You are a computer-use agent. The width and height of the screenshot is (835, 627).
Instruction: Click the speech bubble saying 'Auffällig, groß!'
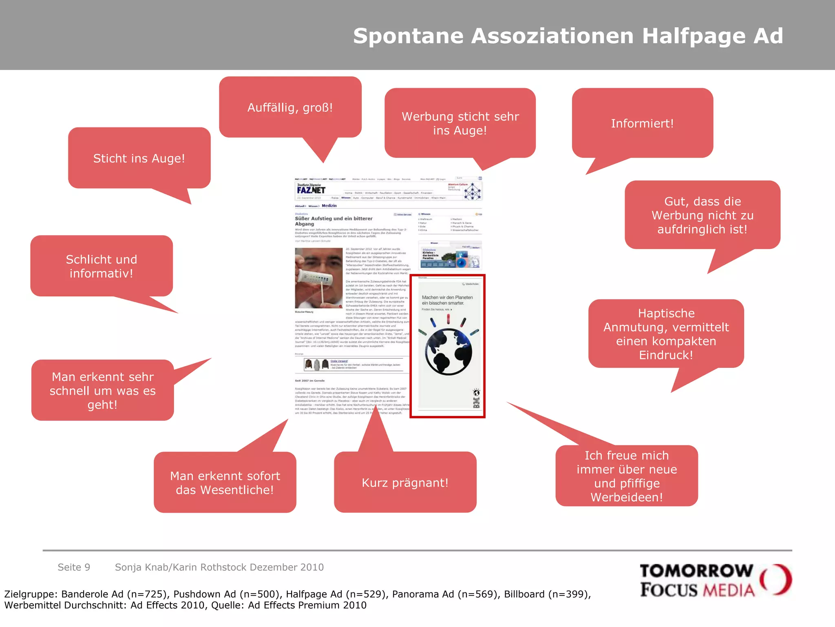[x=290, y=107]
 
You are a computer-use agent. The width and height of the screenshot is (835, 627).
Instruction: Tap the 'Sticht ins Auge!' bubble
[x=139, y=158]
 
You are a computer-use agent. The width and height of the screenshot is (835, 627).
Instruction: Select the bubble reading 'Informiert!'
[x=642, y=123]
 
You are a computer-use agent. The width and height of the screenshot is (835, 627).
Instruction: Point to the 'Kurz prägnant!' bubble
[x=405, y=482]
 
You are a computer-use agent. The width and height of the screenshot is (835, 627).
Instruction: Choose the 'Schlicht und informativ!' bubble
[x=102, y=266]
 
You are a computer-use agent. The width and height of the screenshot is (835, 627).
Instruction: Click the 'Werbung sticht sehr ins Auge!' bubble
[x=460, y=123]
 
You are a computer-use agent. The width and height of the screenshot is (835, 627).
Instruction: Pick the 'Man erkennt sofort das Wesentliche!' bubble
[x=225, y=482]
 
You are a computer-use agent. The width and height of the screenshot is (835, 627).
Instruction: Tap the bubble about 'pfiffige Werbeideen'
[x=627, y=476]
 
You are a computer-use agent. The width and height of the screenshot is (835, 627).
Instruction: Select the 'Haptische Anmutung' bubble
[x=666, y=334]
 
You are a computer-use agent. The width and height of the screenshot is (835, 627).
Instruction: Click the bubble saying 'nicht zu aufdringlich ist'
[x=702, y=215]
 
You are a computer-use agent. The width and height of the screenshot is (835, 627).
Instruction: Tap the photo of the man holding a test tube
[x=318, y=278]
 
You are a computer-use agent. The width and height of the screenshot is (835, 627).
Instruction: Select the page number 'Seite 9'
[x=74, y=567]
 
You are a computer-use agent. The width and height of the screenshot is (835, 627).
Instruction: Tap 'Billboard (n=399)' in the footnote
[x=546, y=594]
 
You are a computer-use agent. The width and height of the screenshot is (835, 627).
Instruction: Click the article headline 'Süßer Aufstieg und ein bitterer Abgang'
[x=334, y=221]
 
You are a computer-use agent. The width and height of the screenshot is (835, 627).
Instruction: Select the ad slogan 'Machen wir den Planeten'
[x=447, y=298]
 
